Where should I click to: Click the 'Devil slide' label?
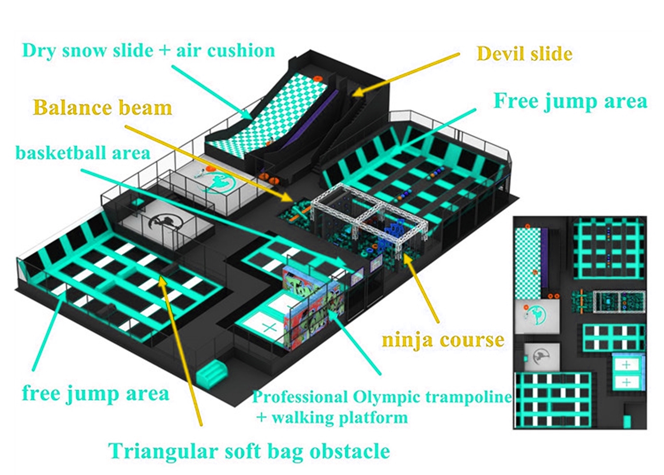(x=524, y=53)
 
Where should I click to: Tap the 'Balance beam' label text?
(x=103, y=107)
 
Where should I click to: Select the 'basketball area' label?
(x=83, y=153)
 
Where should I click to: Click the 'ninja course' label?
(x=443, y=341)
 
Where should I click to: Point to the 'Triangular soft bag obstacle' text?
(x=248, y=450)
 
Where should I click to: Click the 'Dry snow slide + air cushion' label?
(x=149, y=51)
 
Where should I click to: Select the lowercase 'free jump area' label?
(x=95, y=392)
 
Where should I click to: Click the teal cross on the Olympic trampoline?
(x=270, y=327)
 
